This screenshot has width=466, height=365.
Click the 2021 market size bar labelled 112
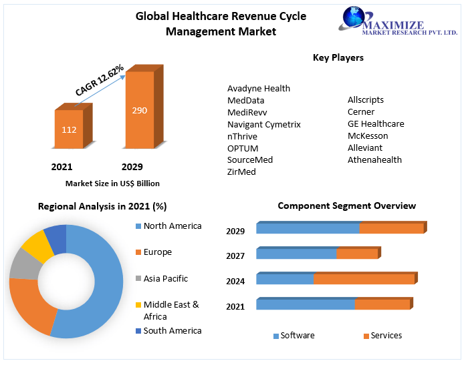69,129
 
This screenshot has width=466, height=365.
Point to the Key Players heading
338,57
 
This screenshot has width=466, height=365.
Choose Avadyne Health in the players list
259,88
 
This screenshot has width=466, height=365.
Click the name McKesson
368,136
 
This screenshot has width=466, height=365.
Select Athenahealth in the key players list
374,159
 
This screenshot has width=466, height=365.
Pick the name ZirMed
241,171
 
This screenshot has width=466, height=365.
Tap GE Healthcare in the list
376,124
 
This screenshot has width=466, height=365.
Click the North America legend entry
172,226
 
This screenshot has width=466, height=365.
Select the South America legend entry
172,331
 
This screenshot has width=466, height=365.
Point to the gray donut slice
25,266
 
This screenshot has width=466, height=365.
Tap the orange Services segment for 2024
364,279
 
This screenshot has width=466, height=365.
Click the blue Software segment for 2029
308,228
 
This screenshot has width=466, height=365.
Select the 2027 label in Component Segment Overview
235,256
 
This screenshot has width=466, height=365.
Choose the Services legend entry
386,336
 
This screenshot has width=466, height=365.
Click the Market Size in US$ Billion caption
112,183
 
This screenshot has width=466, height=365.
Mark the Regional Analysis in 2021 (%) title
102,206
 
